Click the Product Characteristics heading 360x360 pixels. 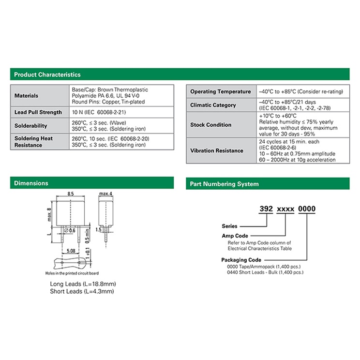pos(47,75)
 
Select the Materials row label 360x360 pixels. pos(27,95)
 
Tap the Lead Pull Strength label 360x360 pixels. pos(38,112)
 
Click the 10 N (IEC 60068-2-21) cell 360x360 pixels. pos(99,112)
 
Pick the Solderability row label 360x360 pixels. pos(31,126)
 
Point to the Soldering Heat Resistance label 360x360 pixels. pos(33,142)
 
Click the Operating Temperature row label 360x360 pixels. pos(221,91)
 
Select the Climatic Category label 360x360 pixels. pos(213,105)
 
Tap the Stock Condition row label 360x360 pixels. pos(211,125)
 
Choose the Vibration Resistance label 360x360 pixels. pos(217,150)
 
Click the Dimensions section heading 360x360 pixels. pos(31,183)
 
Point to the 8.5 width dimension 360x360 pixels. pos(71,194)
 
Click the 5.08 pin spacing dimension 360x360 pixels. pos(71,251)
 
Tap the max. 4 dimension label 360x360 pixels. pos(105,194)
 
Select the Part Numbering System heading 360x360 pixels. pos(225,184)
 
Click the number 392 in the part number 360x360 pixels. pos(266,209)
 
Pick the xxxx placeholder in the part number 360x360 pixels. pos(285,209)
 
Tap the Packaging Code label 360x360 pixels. pos(241,260)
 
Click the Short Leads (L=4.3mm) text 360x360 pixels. pos(82,291)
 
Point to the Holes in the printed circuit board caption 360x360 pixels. pos(72,273)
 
